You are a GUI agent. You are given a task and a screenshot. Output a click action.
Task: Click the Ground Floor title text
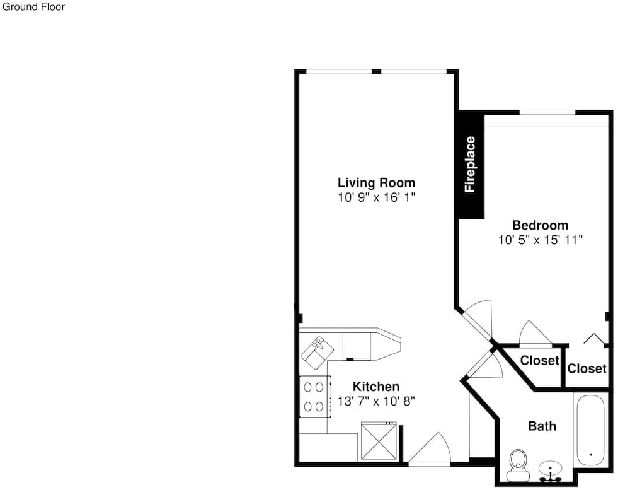click(33, 7)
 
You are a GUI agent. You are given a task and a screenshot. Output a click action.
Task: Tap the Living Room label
click(376, 183)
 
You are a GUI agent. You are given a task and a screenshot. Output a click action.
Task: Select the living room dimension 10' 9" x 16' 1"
click(376, 197)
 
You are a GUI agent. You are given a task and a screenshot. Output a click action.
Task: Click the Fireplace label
click(470, 165)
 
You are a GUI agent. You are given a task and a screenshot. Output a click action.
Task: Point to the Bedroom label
click(541, 225)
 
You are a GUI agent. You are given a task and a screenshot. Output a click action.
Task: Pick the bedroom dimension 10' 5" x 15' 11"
click(541, 240)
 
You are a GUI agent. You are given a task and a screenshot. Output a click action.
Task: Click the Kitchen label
click(376, 387)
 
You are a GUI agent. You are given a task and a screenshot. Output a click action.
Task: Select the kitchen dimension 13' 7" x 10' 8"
click(376, 401)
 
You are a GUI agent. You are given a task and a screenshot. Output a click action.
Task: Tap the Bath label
click(542, 426)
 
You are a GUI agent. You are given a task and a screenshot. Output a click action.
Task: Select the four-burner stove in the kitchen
click(316, 397)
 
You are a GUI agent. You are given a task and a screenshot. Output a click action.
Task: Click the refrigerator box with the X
click(379, 440)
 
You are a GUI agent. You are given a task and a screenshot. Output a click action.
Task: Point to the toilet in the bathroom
click(518, 465)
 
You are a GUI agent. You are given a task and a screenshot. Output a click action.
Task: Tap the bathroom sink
click(551, 471)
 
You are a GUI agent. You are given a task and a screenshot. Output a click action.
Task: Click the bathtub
click(591, 430)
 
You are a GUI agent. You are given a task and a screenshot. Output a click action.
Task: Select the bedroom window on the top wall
click(547, 112)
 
